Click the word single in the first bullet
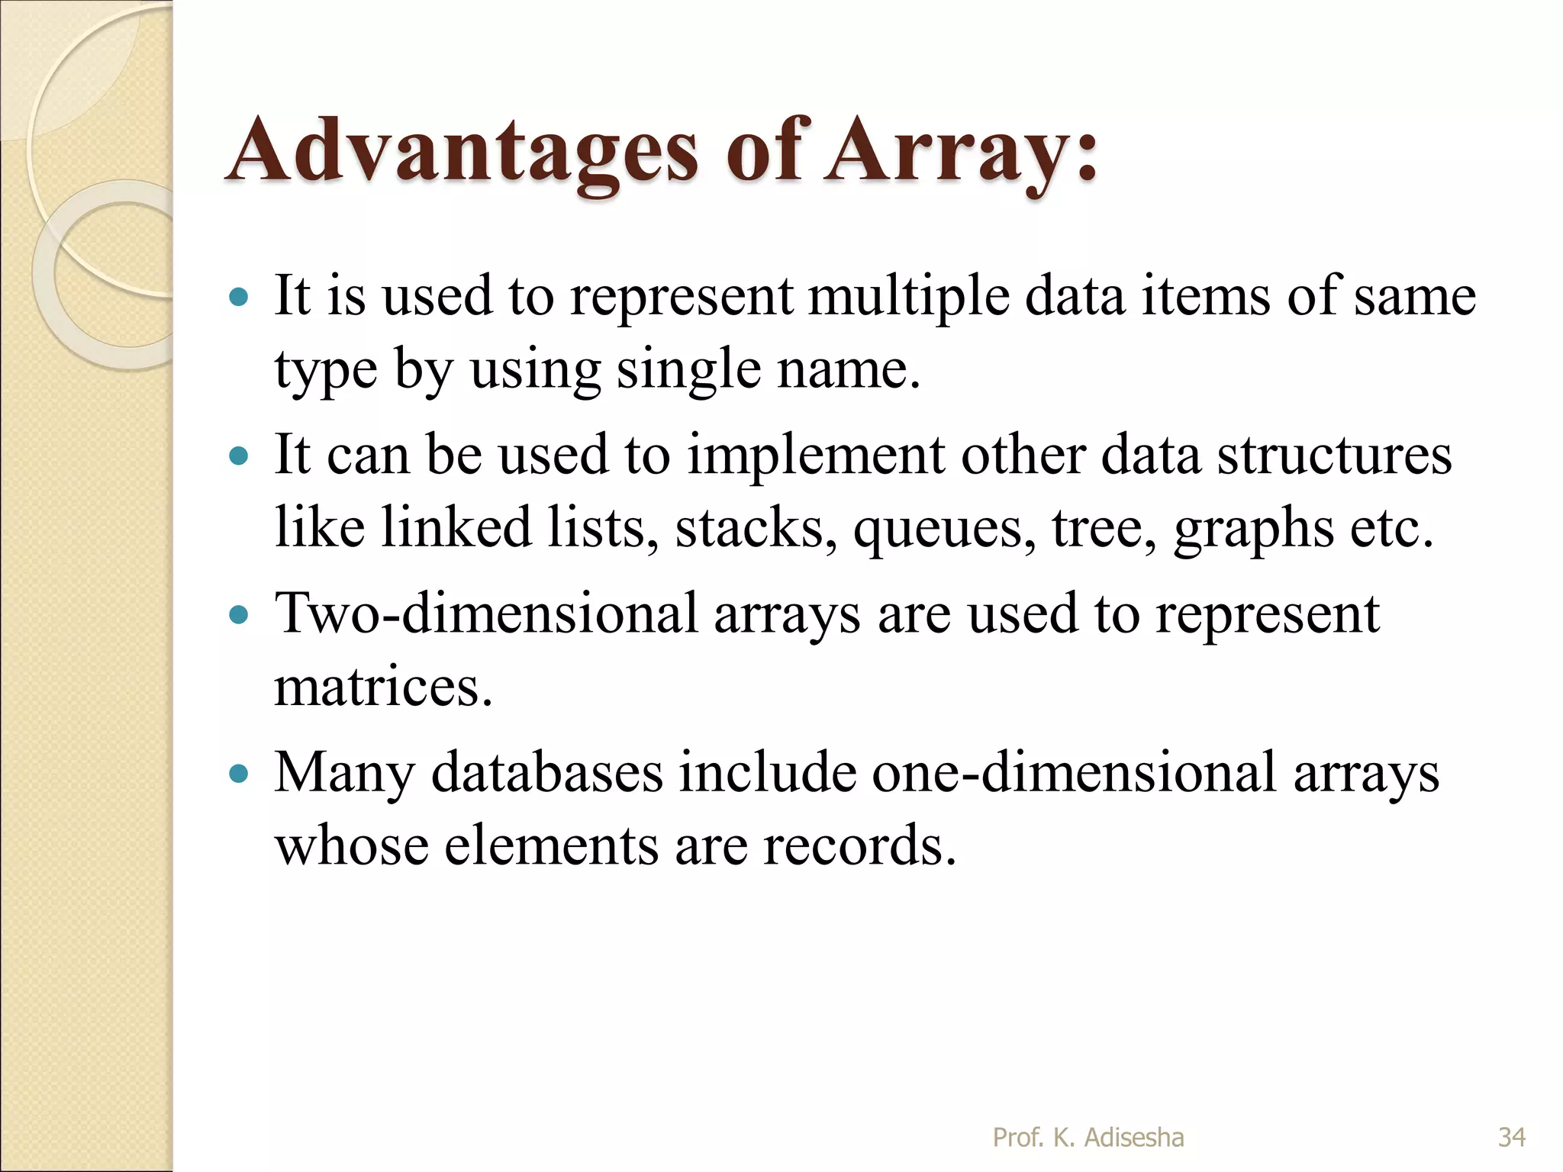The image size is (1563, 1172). (x=688, y=369)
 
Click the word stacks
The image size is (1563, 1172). (x=756, y=528)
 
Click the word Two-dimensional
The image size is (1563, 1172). (x=486, y=613)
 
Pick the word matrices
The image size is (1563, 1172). (x=382, y=687)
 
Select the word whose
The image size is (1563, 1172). (x=352, y=845)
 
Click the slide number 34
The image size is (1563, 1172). (x=1512, y=1137)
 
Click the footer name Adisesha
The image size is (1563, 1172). (x=1134, y=1137)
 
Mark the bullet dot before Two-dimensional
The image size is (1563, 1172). (x=240, y=614)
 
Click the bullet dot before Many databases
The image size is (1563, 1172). (x=240, y=774)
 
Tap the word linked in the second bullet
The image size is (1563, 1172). (x=456, y=528)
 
